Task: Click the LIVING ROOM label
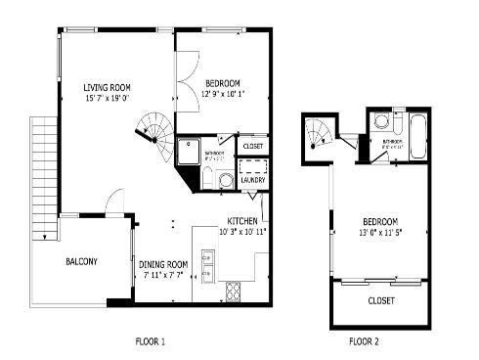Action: click(x=106, y=87)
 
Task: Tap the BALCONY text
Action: click(x=81, y=261)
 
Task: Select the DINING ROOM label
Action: click(x=162, y=264)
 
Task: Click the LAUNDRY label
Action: click(x=253, y=180)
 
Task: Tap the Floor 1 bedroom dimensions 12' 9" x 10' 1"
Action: click(x=222, y=94)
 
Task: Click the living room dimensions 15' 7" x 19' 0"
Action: click(x=106, y=98)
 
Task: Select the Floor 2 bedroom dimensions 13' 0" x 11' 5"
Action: click(x=381, y=232)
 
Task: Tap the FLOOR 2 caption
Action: click(x=364, y=341)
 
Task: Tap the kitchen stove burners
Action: click(x=235, y=291)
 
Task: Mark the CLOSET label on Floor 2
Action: click(x=381, y=300)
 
